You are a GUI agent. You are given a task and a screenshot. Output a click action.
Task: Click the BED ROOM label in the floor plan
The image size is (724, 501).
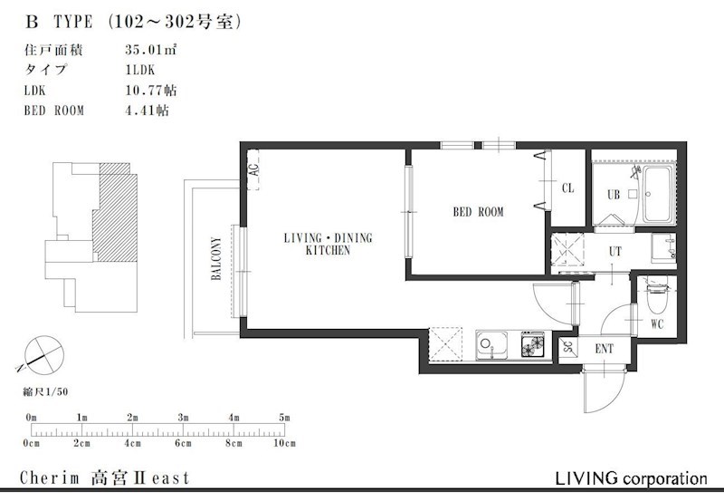(478, 212)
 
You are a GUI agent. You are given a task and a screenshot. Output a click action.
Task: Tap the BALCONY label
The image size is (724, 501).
(215, 258)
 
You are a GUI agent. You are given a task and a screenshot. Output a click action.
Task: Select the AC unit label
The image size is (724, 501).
(253, 169)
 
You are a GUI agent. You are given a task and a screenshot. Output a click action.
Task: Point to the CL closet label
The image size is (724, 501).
(568, 188)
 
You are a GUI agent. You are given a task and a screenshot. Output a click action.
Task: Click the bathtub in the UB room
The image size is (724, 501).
(660, 195)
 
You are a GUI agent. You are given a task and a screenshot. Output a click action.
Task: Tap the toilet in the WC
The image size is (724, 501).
(656, 295)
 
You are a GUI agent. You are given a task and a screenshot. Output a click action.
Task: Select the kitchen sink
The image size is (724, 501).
(491, 345)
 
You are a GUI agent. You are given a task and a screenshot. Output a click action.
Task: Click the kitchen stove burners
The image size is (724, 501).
(533, 344)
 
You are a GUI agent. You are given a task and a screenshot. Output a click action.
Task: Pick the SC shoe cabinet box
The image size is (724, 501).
(568, 347)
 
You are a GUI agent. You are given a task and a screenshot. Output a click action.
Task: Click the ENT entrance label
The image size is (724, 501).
(605, 349)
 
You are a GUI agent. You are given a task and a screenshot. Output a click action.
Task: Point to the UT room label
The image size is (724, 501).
(615, 252)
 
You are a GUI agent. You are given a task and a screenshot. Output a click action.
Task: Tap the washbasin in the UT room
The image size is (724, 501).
(663, 247)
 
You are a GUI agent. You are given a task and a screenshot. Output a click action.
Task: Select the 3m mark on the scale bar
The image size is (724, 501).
(184, 418)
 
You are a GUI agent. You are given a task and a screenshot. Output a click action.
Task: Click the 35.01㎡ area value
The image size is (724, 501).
(150, 50)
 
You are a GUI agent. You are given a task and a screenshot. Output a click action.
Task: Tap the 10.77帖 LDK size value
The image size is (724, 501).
(150, 90)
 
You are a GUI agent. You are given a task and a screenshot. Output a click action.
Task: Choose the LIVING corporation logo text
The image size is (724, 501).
(631, 477)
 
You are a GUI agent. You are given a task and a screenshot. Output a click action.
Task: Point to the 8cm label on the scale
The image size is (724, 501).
(233, 444)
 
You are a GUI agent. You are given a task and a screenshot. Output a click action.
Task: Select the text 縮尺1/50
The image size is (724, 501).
(46, 392)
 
